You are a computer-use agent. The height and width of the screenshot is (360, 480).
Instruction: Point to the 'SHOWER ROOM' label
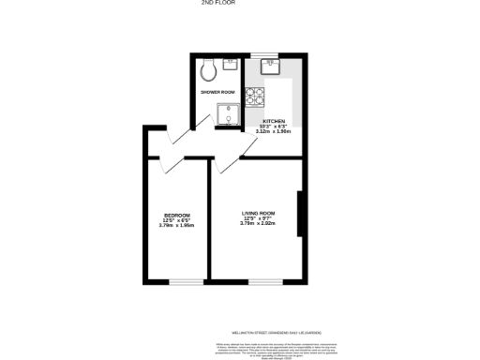pos(217,92)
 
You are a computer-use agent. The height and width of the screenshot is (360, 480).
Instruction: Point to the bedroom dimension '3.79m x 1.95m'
pos(176,225)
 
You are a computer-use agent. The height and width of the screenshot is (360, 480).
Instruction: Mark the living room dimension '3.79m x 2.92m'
pos(257,223)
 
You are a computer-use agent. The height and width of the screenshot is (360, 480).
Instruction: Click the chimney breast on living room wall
pos(298,215)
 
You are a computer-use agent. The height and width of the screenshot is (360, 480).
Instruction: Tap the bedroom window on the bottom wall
pos(186,281)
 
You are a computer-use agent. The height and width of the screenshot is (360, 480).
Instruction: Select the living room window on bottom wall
pos(262,281)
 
